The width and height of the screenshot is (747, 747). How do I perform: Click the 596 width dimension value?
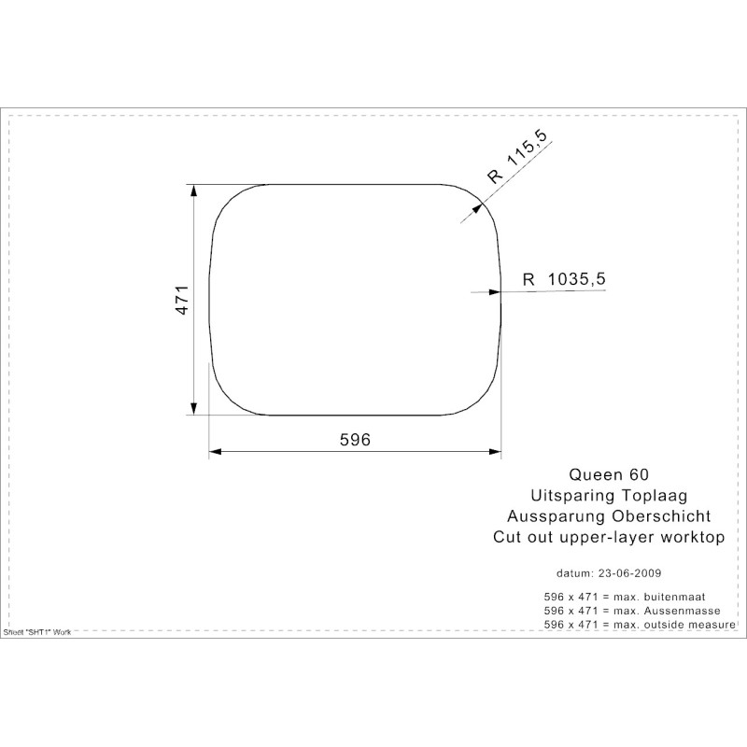tap(355, 439)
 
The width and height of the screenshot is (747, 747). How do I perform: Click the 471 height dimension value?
tap(182, 300)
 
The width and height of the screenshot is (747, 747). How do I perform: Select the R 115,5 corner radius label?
tap(518, 157)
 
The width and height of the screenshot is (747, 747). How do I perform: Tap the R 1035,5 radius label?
tap(564, 278)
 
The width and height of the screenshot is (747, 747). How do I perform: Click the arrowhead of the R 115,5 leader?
tap(477, 208)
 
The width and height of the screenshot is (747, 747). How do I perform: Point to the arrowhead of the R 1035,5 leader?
tap(495, 291)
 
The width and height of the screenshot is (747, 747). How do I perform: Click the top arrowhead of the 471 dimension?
tap(193, 190)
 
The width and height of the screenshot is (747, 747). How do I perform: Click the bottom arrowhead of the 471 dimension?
tap(193, 408)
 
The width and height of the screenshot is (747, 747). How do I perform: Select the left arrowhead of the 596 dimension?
tap(216, 451)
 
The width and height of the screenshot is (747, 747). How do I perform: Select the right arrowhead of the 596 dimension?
tap(495, 451)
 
